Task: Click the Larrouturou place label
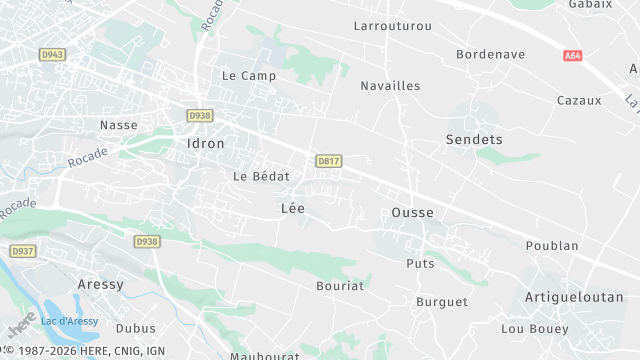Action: point(393,25)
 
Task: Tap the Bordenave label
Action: point(490,54)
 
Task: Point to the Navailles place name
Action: point(390,86)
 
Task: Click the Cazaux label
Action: point(579,100)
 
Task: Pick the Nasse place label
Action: point(118,125)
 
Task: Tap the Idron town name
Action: point(206,143)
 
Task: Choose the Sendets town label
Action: point(474,140)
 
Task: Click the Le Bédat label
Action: point(261,176)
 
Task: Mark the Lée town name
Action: point(293,208)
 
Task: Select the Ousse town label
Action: point(412,213)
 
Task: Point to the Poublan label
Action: point(552,245)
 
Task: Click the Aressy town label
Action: point(100,284)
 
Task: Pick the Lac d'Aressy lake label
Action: point(68,320)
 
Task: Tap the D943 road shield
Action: point(52,53)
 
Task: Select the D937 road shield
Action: point(22,250)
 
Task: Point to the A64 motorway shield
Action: point(572,57)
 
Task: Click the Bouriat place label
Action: point(340,285)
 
